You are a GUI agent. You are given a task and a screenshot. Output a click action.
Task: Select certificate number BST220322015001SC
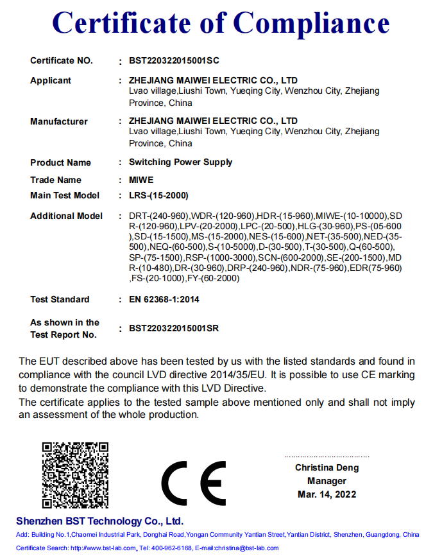tap(174, 61)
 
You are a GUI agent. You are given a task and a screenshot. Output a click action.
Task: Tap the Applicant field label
tap(51, 81)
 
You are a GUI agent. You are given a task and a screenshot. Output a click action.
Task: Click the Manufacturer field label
tap(59, 121)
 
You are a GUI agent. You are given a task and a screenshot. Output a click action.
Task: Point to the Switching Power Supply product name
tap(180, 162)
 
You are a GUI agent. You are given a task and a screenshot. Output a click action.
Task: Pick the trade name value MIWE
tap(141, 180)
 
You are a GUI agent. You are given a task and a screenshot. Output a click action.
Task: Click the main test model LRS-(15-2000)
tap(158, 195)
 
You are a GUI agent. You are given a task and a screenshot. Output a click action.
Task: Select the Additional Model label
tap(66, 216)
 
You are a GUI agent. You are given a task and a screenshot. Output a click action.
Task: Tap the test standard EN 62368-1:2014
tap(164, 299)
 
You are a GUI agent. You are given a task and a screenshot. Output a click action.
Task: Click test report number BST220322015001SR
tap(174, 328)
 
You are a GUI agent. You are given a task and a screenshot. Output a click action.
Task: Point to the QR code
tap(75, 476)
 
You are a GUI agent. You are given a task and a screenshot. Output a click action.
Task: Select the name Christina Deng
tap(327, 467)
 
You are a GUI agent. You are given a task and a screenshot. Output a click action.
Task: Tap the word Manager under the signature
tap(327, 481)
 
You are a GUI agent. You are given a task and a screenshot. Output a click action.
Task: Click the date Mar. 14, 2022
tap(327, 494)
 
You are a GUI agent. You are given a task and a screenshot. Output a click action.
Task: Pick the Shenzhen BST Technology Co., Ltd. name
tap(99, 521)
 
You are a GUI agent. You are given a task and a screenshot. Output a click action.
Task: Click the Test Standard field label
tap(60, 299)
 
